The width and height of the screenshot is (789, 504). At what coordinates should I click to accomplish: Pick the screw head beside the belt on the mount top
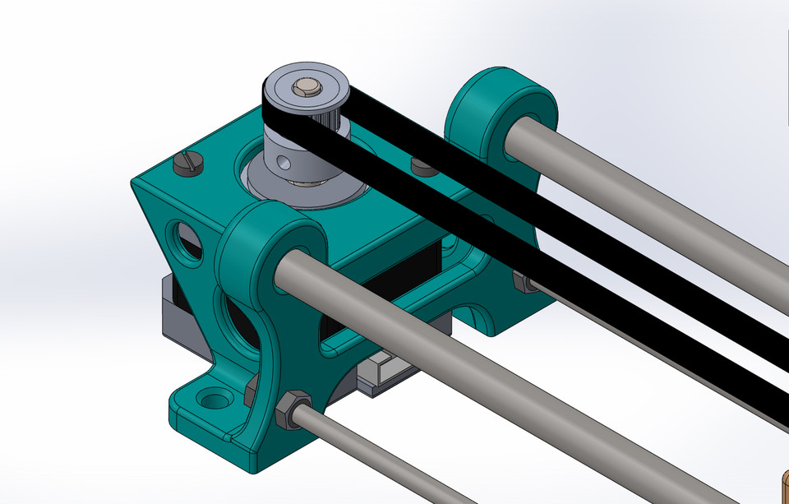click(x=422, y=167)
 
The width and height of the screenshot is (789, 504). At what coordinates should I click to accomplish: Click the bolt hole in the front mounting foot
click(x=215, y=400)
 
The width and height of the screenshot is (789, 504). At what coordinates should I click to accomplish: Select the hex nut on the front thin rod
click(x=293, y=409)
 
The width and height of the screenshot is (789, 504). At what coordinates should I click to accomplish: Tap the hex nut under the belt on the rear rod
click(x=522, y=281)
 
